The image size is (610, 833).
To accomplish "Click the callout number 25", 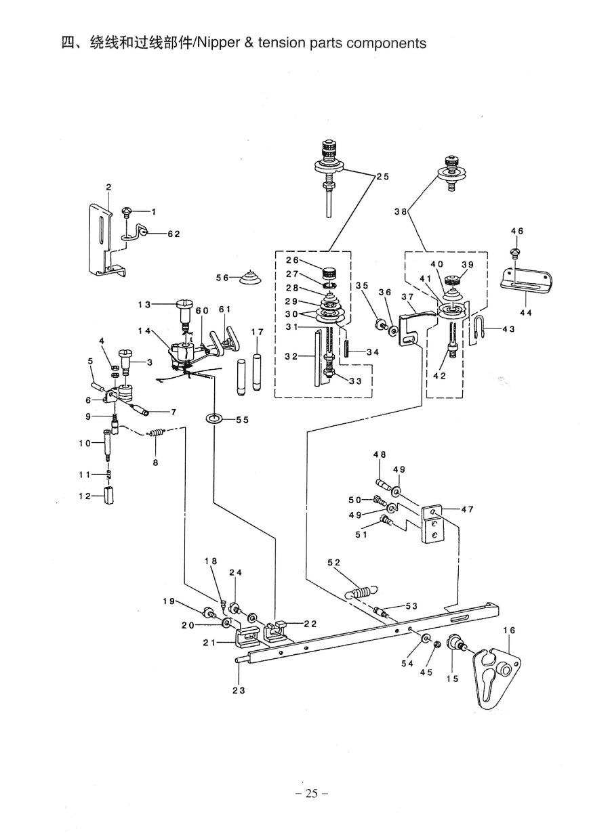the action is click(x=382, y=177).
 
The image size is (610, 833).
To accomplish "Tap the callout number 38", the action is click(x=401, y=212).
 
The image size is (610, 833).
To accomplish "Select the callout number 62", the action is click(x=174, y=234).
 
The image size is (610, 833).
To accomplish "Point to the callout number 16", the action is click(x=509, y=630).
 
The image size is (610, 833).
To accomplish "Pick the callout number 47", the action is click(x=468, y=509).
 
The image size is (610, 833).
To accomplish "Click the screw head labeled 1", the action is click(x=127, y=213).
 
